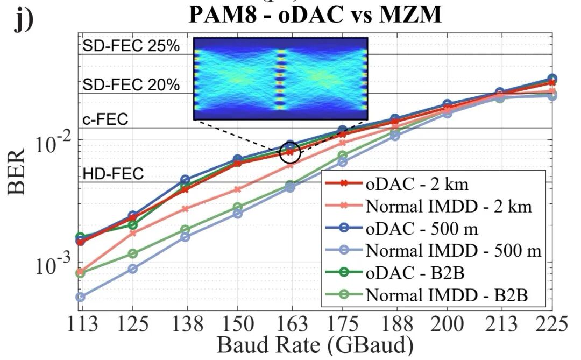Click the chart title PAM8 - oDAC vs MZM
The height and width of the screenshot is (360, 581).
315,15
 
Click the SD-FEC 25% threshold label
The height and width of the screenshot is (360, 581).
131,46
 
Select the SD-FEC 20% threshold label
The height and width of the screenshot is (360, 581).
131,85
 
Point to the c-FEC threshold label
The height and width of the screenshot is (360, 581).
105,119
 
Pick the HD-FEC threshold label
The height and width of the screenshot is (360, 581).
113,174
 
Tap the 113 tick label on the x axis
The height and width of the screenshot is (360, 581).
80,325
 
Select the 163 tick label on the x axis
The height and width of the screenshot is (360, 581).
290,325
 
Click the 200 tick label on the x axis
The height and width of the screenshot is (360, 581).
447,325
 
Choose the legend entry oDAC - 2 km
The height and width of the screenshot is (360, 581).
417,185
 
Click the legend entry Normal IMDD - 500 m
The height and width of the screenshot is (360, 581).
453,251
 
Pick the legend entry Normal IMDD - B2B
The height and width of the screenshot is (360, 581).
447,295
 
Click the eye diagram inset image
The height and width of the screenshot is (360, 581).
280,79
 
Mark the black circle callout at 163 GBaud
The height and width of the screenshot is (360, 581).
290,152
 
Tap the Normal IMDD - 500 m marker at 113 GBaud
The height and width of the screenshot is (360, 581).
80,297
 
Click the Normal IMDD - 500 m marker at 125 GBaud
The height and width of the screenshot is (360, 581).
133,269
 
